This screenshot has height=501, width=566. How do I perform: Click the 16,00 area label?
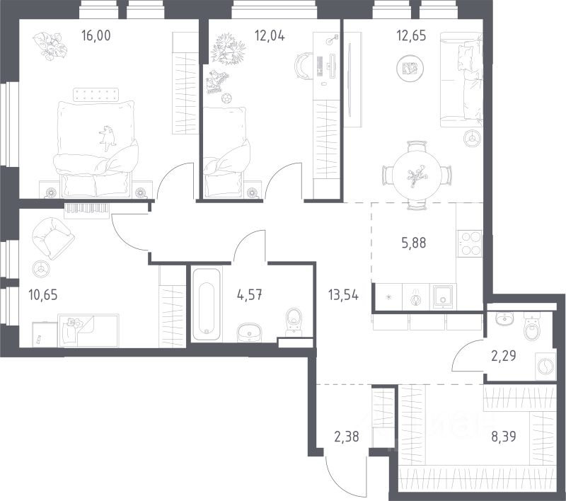[x=96, y=35]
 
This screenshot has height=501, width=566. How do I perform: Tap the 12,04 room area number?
[x=270, y=35]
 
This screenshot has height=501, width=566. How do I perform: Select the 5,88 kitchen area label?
[x=414, y=243]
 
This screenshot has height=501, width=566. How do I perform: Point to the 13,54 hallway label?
[x=343, y=295]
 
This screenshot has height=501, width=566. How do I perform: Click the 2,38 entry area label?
[x=347, y=437]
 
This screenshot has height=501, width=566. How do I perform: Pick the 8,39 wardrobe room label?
[x=504, y=437]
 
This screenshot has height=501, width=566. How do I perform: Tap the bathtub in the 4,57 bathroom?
[x=206, y=303]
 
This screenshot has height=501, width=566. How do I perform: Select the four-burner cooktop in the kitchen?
[x=470, y=243]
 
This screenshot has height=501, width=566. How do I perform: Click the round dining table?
[x=417, y=175]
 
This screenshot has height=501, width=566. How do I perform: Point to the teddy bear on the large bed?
[x=107, y=138]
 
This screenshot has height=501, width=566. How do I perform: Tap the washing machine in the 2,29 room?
[x=544, y=367]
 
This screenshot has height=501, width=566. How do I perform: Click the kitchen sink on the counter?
[x=443, y=296]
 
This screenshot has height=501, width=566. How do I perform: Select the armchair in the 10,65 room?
[x=53, y=238]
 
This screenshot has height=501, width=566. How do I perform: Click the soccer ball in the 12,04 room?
[x=226, y=98]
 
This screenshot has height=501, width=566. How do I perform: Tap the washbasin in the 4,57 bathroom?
[x=250, y=332]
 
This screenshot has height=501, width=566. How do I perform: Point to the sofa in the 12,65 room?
[x=461, y=80]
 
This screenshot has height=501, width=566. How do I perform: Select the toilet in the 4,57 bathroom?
[x=294, y=321]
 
